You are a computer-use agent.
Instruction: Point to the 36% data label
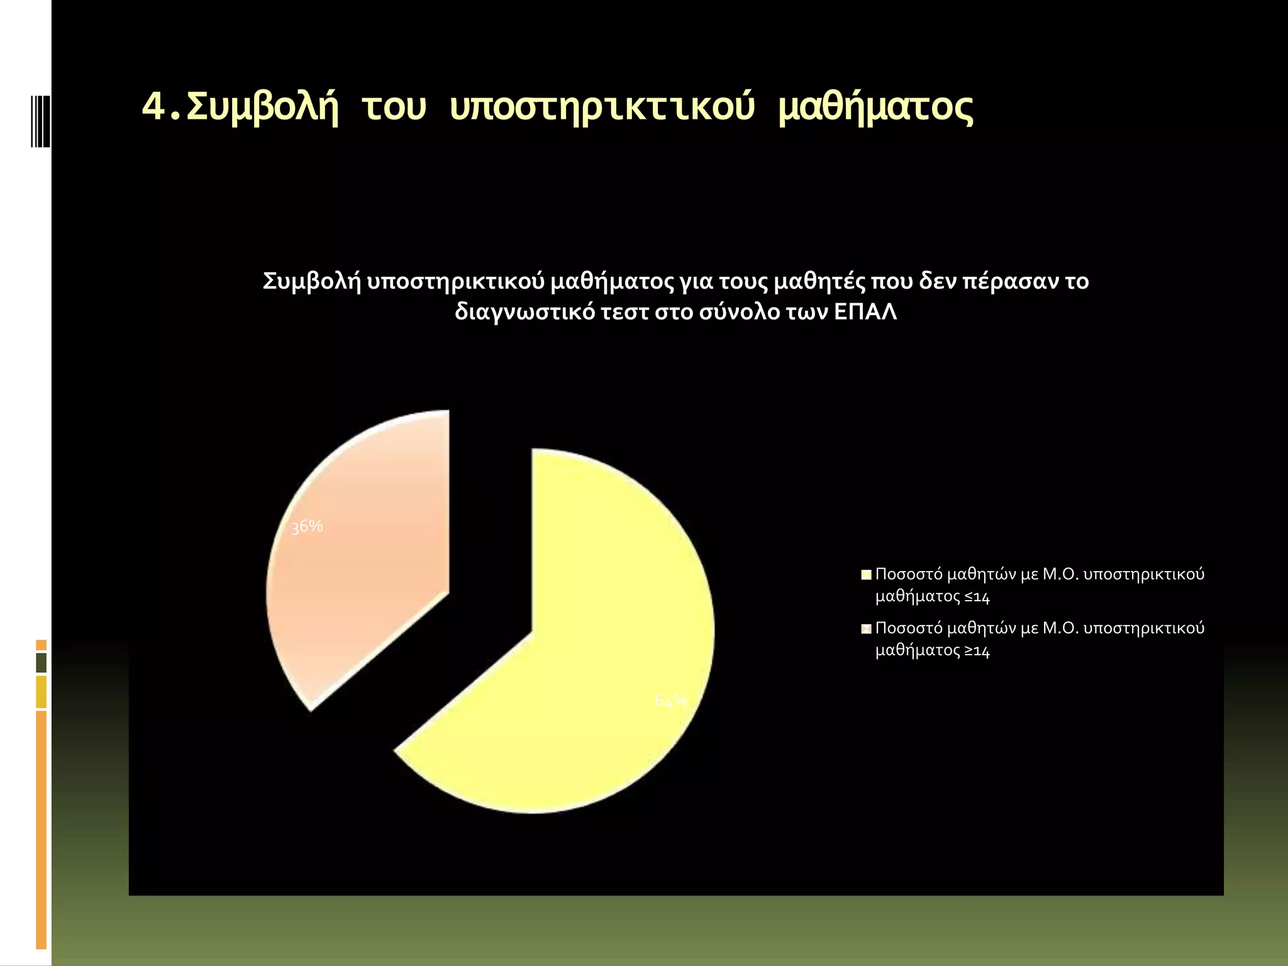click(x=307, y=526)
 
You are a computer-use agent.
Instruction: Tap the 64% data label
click(x=671, y=701)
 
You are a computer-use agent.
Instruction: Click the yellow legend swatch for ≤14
click(x=866, y=574)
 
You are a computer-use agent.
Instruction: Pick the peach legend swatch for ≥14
click(x=866, y=628)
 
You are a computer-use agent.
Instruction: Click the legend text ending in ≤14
click(x=1039, y=585)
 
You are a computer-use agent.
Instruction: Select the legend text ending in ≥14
click(x=1039, y=639)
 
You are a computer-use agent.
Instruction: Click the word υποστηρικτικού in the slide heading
click(x=602, y=107)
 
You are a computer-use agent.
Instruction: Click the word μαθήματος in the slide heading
click(x=875, y=107)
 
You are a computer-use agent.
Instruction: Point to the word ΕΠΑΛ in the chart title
click(x=865, y=312)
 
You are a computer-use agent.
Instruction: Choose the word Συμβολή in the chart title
click(x=311, y=281)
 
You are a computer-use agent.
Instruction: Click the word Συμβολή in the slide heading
click(x=262, y=107)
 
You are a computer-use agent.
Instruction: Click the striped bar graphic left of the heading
click(x=41, y=121)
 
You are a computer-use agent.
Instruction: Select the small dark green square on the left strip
click(x=41, y=662)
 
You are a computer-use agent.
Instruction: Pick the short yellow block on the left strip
click(x=41, y=691)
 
